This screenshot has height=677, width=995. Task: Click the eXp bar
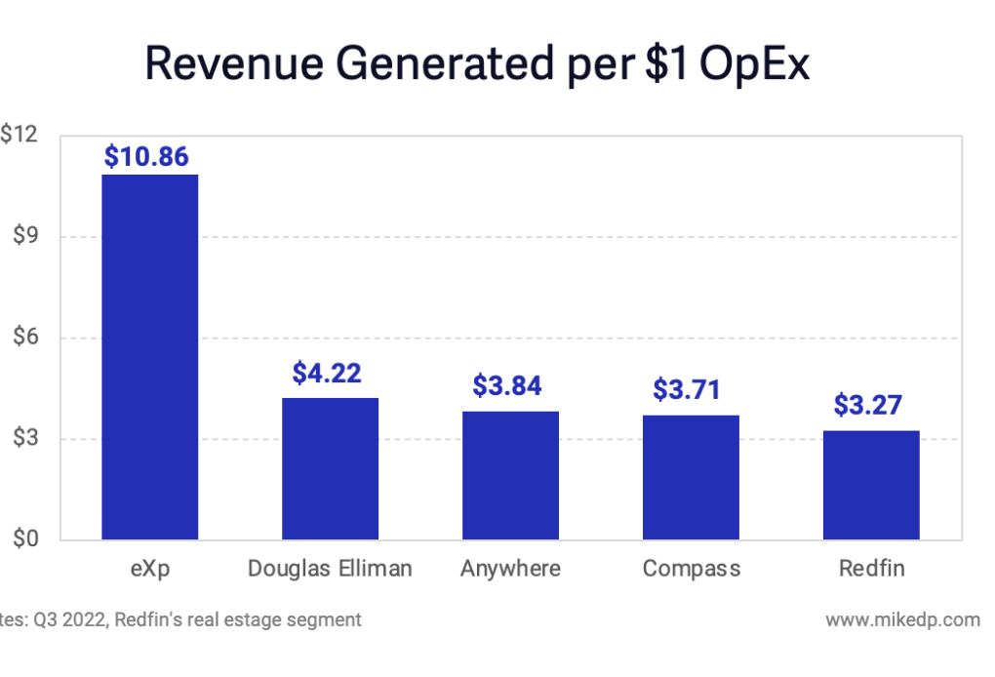tap(150, 357)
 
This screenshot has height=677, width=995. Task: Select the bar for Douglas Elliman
tap(330, 468)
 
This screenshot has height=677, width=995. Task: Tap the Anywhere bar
tap(510, 475)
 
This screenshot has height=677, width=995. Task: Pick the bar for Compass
tap(691, 477)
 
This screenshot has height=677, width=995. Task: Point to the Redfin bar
tap(871, 485)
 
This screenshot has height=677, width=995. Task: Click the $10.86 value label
tap(146, 156)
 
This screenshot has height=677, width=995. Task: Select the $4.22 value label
tap(327, 373)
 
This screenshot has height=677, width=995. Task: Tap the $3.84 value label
tap(508, 386)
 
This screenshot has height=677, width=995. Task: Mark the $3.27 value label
tap(868, 405)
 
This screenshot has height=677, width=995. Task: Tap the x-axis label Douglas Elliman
tap(330, 569)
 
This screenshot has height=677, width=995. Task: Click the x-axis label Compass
tap(691, 569)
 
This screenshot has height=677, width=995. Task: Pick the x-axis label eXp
tap(150, 569)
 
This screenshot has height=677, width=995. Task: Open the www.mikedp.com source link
tap(902, 619)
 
